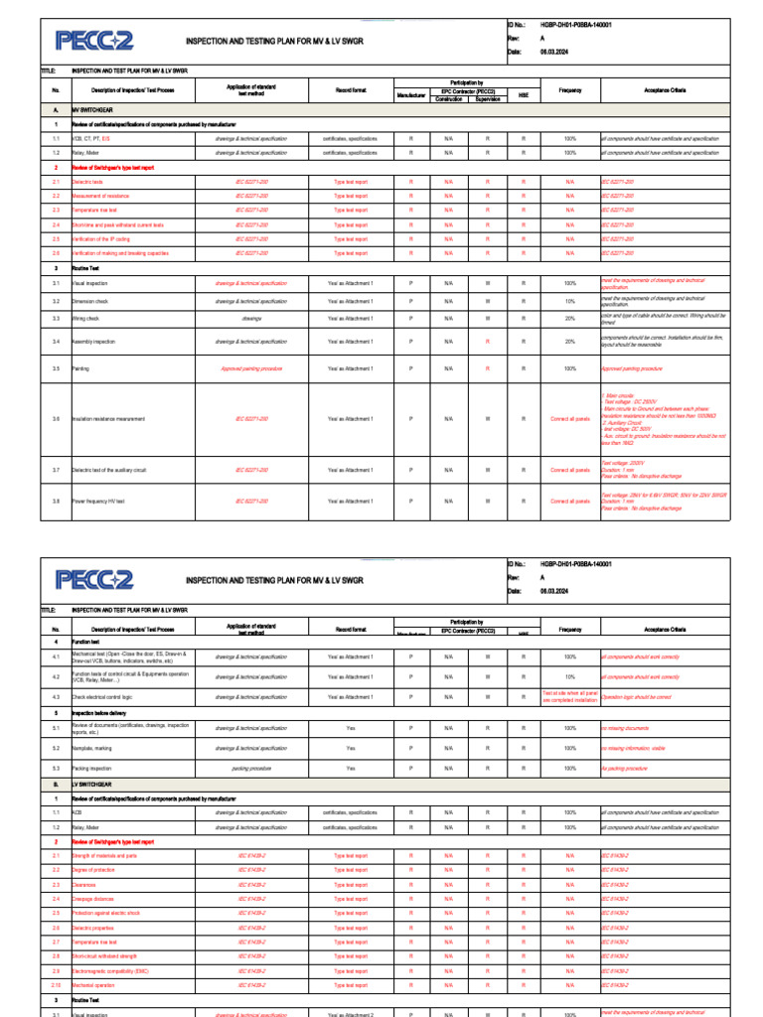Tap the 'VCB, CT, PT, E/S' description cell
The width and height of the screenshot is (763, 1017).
[91, 139]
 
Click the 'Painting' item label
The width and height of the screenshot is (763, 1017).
[80, 368]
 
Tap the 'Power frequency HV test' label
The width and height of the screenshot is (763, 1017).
[98, 502]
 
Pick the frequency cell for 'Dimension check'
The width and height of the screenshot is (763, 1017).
[569, 301]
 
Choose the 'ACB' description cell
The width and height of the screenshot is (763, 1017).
[76, 812]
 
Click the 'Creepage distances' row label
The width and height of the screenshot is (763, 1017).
[94, 899]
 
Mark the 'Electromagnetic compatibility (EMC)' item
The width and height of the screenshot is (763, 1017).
[111, 970]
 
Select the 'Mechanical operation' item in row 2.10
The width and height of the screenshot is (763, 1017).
[96, 985]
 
